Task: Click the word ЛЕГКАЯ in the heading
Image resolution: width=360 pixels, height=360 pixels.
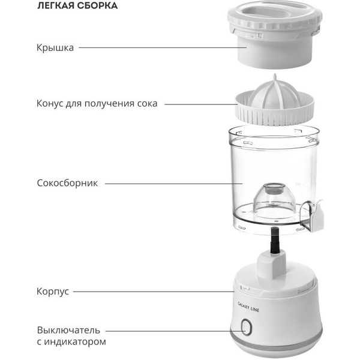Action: click(x=56, y=5)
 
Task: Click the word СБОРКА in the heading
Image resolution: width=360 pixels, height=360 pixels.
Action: click(x=97, y=5)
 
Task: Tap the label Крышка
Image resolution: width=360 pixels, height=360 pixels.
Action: click(x=55, y=48)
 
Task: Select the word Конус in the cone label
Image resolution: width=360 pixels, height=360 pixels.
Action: click(x=50, y=103)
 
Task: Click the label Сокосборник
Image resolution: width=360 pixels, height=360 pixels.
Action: click(x=67, y=183)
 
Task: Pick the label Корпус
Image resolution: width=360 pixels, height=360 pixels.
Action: click(x=53, y=292)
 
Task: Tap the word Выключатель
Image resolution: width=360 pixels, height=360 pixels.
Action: click(x=68, y=330)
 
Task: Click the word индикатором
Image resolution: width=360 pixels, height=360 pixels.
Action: click(x=75, y=342)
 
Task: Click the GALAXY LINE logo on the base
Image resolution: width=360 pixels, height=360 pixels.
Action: click(x=248, y=307)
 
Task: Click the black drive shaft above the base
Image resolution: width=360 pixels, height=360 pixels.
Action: click(x=275, y=240)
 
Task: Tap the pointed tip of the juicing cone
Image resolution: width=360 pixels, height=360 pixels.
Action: click(x=275, y=74)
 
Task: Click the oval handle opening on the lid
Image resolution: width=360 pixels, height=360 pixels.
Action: click(x=274, y=13)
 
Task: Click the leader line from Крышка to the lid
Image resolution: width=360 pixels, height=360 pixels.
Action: click(x=163, y=48)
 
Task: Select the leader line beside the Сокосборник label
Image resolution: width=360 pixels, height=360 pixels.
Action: click(x=173, y=184)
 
